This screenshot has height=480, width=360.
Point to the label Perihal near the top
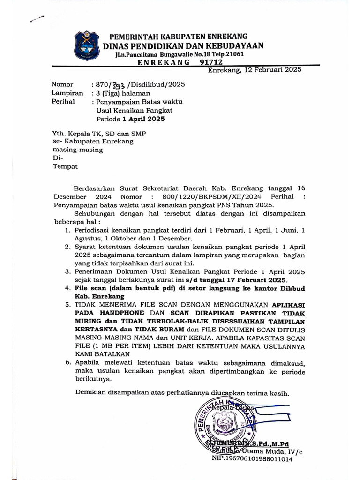point(63,101)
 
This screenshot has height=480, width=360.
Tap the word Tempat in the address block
point(65,166)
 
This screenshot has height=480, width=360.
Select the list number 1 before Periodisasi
point(68,230)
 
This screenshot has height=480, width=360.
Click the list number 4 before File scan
point(68,288)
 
